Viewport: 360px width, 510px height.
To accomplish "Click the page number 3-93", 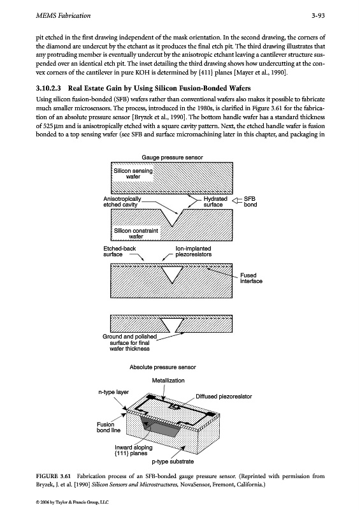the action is tap(318, 15).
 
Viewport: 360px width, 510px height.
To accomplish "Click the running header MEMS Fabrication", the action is tap(63, 15).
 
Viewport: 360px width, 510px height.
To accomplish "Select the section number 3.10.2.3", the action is tap(48, 88).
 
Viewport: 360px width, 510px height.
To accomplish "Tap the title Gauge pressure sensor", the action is tap(172, 157).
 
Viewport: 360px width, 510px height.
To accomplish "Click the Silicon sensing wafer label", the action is tap(133, 173).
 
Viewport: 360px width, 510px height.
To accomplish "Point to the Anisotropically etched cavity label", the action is tap(122, 201).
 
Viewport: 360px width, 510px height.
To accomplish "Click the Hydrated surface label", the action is tap(215, 201).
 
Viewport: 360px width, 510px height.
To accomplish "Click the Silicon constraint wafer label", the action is tap(136, 233).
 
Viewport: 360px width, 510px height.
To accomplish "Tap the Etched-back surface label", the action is tap(119, 251).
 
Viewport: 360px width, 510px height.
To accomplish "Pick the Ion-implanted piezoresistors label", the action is tap(194, 251).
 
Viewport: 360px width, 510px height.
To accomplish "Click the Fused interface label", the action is tap(251, 278).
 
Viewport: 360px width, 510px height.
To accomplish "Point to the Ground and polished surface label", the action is tap(130, 342).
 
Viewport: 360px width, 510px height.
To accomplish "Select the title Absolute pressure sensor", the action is tap(162, 367).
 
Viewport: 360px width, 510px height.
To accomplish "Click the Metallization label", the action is tap(168, 381).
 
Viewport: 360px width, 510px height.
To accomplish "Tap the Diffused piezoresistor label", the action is tap(224, 397).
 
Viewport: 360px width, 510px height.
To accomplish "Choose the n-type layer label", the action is tap(113, 392).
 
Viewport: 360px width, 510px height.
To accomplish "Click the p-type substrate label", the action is tap(173, 462).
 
